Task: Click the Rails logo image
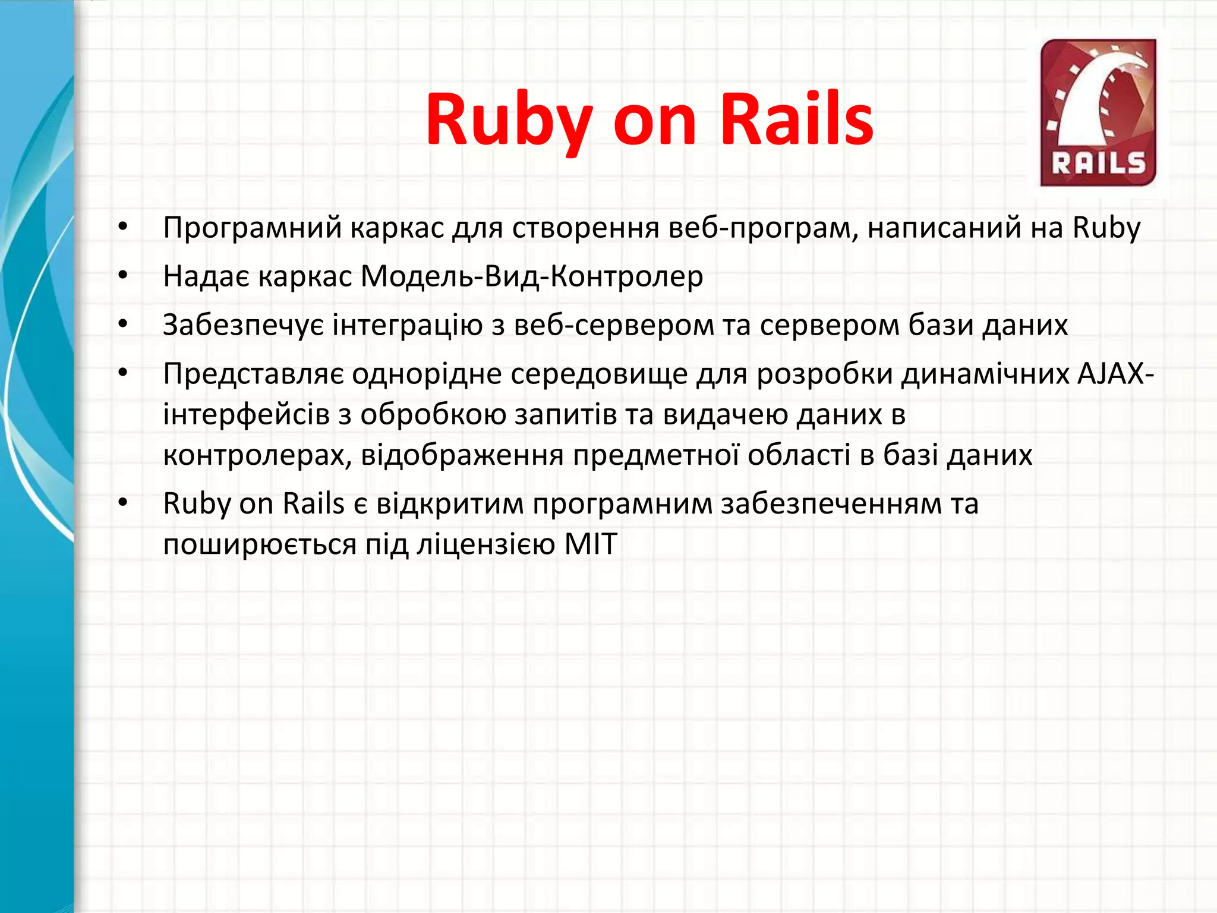[x=1098, y=113]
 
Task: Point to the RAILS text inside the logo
[x=1098, y=163]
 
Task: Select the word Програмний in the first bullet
[x=253, y=228]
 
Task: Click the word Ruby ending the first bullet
[x=1106, y=228]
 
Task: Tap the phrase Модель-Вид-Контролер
[x=532, y=276]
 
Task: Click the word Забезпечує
[x=244, y=325]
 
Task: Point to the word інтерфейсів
[x=246, y=414]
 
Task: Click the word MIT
[x=591, y=544]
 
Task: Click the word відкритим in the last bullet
[x=450, y=504]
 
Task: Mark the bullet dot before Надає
[x=123, y=275]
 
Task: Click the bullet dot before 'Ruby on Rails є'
[x=123, y=503]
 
